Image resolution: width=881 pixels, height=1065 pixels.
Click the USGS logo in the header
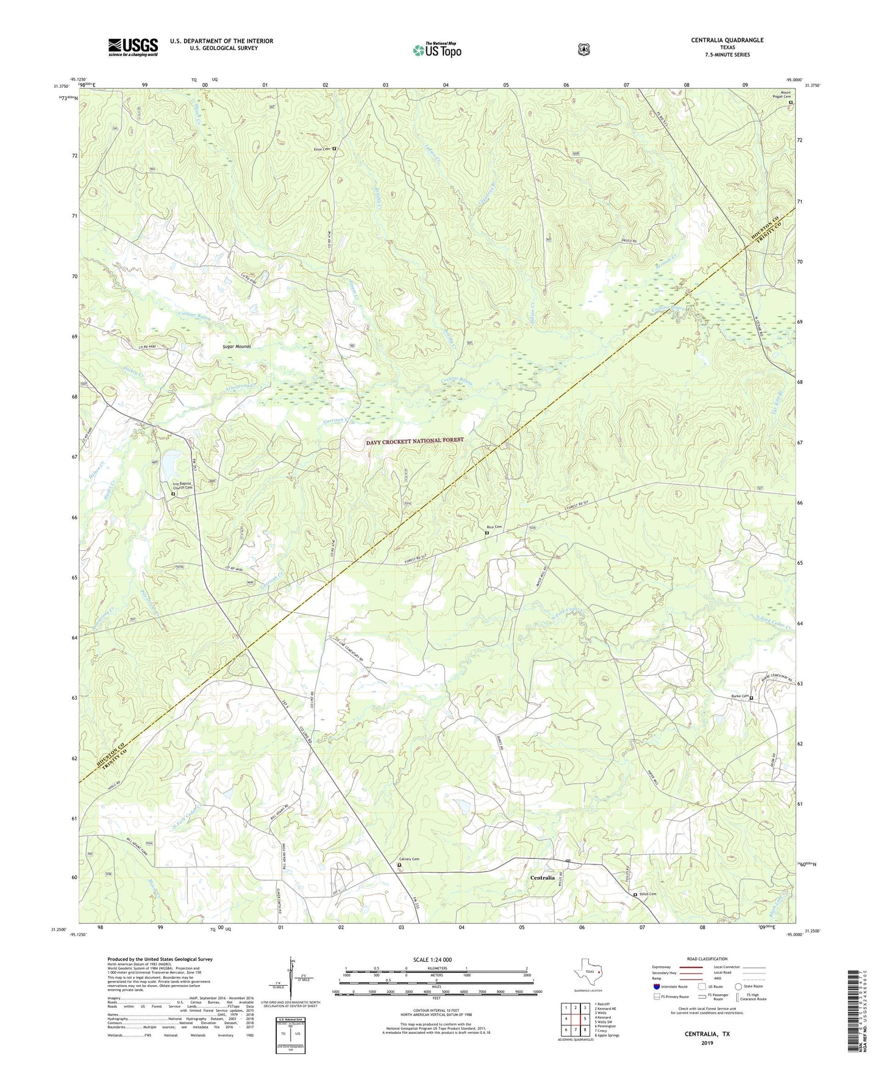pos(133,47)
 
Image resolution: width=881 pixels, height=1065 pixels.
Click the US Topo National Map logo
pos(437,49)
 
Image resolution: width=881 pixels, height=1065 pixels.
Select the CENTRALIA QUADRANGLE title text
pos(727,40)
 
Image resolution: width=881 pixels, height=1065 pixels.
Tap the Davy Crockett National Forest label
pos(415,440)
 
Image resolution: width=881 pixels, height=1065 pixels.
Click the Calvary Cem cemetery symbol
pos(400,864)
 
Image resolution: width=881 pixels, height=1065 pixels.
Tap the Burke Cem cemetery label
pos(739,697)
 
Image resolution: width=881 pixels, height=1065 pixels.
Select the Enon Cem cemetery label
pos(321,149)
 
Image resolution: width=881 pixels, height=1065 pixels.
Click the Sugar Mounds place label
pos(236,346)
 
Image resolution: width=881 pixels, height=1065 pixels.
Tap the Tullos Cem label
pos(647,894)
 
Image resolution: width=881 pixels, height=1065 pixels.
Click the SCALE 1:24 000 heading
pos(432,959)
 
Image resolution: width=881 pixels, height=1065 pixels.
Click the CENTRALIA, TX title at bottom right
pos(707,1035)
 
